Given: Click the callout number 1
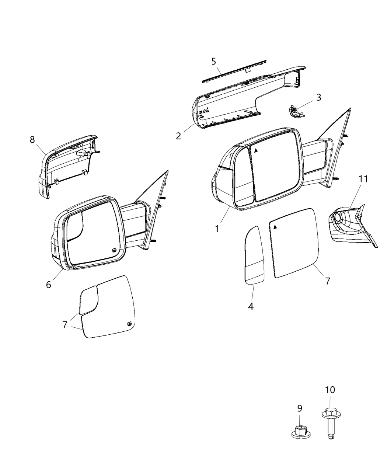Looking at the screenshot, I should pos(217,229).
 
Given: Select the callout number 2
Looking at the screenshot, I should pos(179,136).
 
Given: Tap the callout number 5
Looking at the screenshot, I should pos(214,62).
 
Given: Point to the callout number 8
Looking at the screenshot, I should pos(32,140).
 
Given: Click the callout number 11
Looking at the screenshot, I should pos(363,179).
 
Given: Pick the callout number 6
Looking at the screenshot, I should pos(49,285).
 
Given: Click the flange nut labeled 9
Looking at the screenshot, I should pos(300,431).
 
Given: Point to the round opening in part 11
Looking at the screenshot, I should pos(337,217).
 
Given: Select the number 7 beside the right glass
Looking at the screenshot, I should pos(327,281).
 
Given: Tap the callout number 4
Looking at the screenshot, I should pos(251,306).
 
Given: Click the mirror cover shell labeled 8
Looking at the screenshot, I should pos(66,162).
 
